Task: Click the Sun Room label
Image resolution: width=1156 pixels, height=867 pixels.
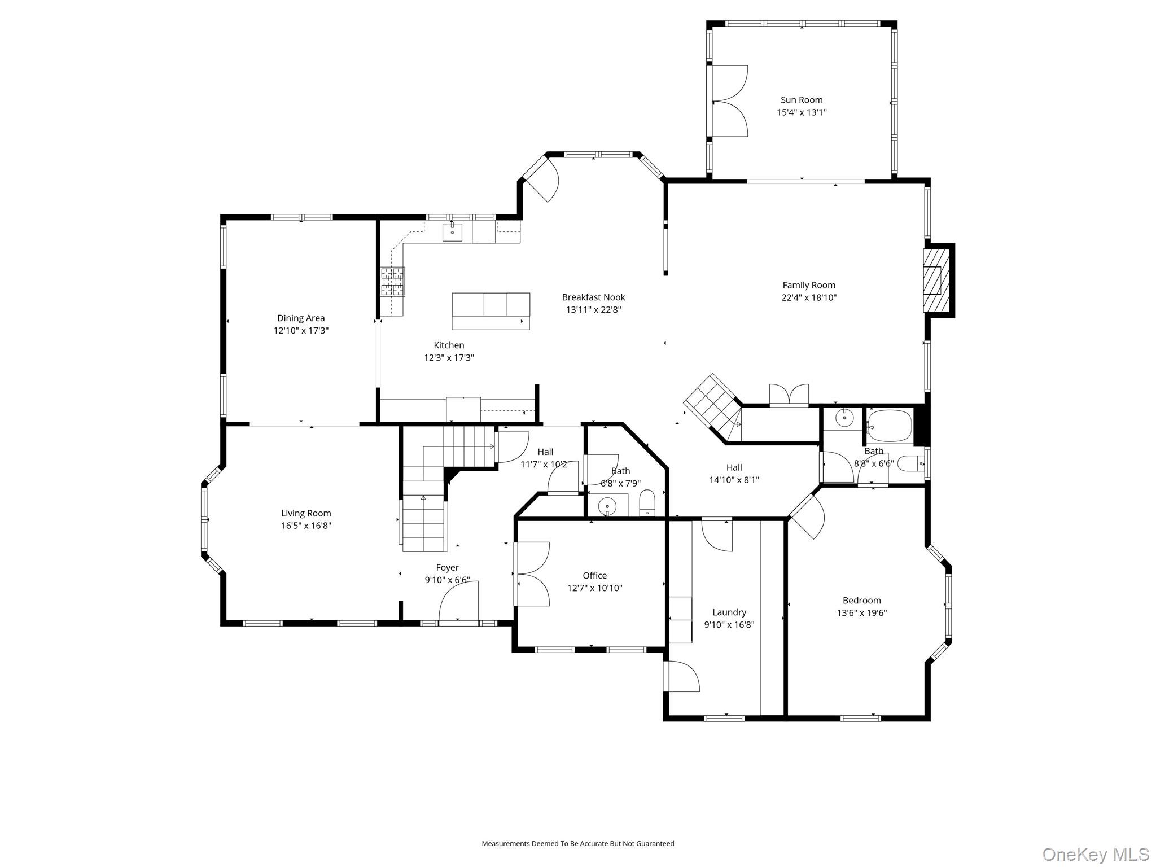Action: (x=801, y=100)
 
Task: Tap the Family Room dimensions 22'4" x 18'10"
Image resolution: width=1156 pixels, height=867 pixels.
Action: (x=808, y=297)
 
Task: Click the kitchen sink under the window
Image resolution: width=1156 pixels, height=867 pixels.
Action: (x=452, y=232)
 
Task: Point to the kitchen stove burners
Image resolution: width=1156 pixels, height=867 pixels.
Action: (x=392, y=282)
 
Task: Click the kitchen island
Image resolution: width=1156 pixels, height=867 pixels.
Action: (x=491, y=311)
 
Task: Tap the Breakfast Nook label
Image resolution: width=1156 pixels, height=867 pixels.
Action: (x=593, y=297)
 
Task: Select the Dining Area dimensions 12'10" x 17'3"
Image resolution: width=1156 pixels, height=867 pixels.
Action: (x=301, y=330)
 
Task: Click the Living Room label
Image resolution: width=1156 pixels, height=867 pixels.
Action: (x=306, y=513)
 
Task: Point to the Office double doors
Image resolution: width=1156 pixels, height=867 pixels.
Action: (x=532, y=574)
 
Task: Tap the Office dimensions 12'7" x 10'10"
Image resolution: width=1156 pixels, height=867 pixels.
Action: (x=594, y=588)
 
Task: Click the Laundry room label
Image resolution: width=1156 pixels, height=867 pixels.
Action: (x=729, y=612)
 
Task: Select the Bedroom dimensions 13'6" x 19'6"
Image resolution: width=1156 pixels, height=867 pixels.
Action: (x=861, y=612)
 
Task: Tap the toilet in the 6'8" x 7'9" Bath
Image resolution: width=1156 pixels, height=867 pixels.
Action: (x=647, y=502)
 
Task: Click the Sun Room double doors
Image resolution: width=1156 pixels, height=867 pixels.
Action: (x=730, y=101)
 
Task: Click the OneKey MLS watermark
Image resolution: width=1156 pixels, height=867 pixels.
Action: (x=1095, y=854)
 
